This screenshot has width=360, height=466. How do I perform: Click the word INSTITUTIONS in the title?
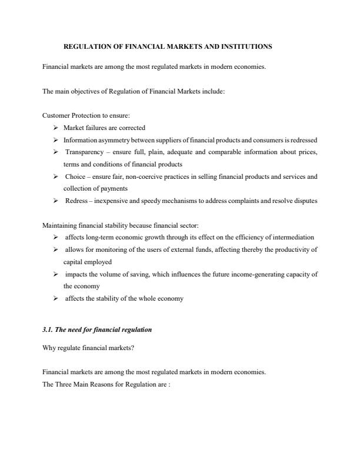click(x=245, y=46)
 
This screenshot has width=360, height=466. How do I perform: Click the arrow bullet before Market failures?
click(x=55, y=128)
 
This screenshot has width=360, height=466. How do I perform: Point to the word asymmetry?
click(x=114, y=140)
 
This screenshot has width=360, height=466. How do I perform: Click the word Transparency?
click(x=84, y=152)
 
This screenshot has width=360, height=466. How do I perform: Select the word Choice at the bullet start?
click(x=75, y=177)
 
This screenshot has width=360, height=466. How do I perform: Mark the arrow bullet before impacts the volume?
click(x=55, y=274)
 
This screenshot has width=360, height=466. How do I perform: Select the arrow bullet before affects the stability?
click(x=55, y=298)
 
